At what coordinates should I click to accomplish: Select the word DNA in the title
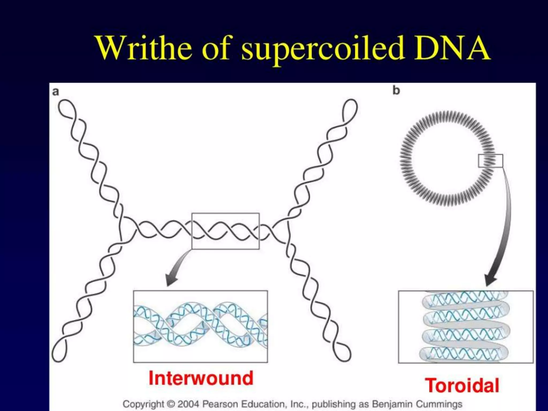coord(452,48)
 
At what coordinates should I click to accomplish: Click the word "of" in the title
coord(216,48)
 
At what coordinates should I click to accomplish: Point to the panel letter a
coord(55,92)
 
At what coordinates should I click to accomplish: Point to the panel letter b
coord(396,90)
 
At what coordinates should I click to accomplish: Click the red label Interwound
coord(201,378)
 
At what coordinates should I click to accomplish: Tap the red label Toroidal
coord(462,386)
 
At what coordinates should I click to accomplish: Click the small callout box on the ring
coord(490,161)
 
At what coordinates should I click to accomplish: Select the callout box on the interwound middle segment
coord(225,231)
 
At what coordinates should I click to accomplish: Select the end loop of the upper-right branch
coord(351,108)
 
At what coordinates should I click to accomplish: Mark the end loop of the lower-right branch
coord(343,352)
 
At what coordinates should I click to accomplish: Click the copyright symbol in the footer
coord(170,404)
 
